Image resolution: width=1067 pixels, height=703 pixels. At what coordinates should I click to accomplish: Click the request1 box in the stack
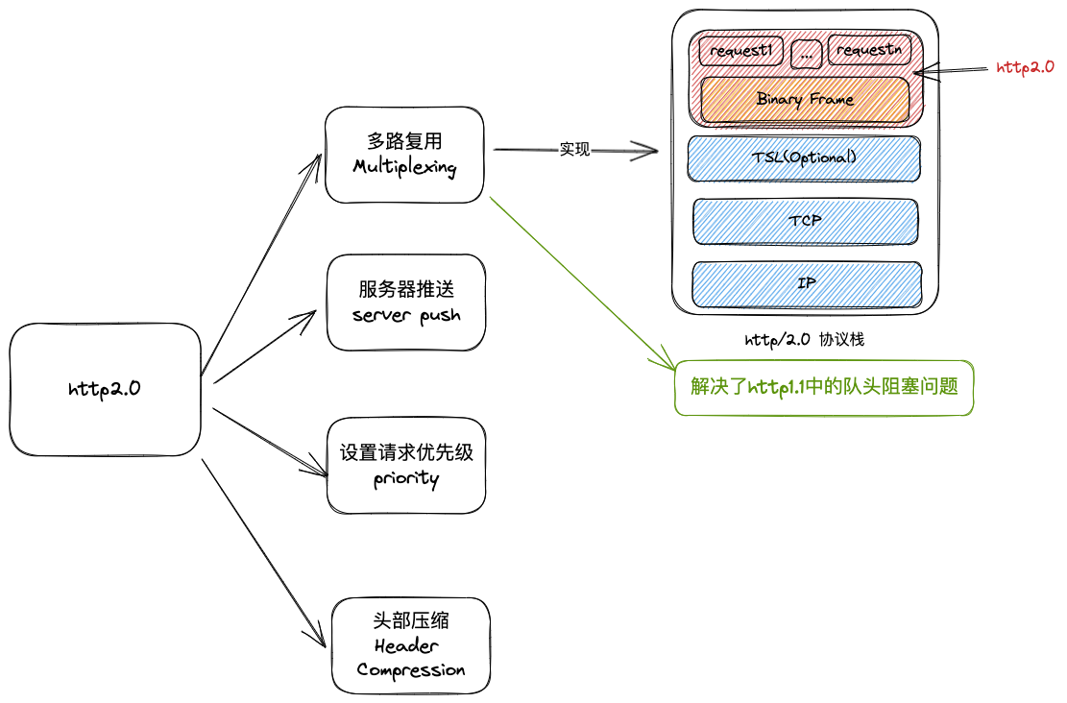740,51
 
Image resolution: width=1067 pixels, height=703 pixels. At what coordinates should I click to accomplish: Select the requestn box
868,51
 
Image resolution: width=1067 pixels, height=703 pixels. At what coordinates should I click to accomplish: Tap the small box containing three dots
806,56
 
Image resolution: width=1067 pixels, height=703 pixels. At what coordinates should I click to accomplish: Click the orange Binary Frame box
805,100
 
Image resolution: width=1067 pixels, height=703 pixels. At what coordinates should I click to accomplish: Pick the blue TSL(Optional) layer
803,158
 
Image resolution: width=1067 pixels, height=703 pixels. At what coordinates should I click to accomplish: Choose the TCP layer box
805,221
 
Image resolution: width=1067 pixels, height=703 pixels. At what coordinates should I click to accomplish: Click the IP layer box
807,284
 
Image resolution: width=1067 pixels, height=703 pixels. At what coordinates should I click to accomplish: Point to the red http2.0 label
1025,67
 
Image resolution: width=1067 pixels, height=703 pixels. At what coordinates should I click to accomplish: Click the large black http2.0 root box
105,389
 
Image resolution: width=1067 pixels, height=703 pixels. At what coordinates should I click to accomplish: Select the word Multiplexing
404,166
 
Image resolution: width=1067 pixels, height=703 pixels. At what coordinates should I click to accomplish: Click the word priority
406,478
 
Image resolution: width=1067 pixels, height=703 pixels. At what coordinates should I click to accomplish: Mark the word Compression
411,669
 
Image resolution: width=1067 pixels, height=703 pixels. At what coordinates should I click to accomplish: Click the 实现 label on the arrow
574,150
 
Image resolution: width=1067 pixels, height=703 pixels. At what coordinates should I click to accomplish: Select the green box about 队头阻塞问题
824,387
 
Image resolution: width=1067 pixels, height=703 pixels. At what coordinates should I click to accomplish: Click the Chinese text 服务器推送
406,289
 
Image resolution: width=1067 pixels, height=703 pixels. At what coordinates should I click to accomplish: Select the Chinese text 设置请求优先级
406,452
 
